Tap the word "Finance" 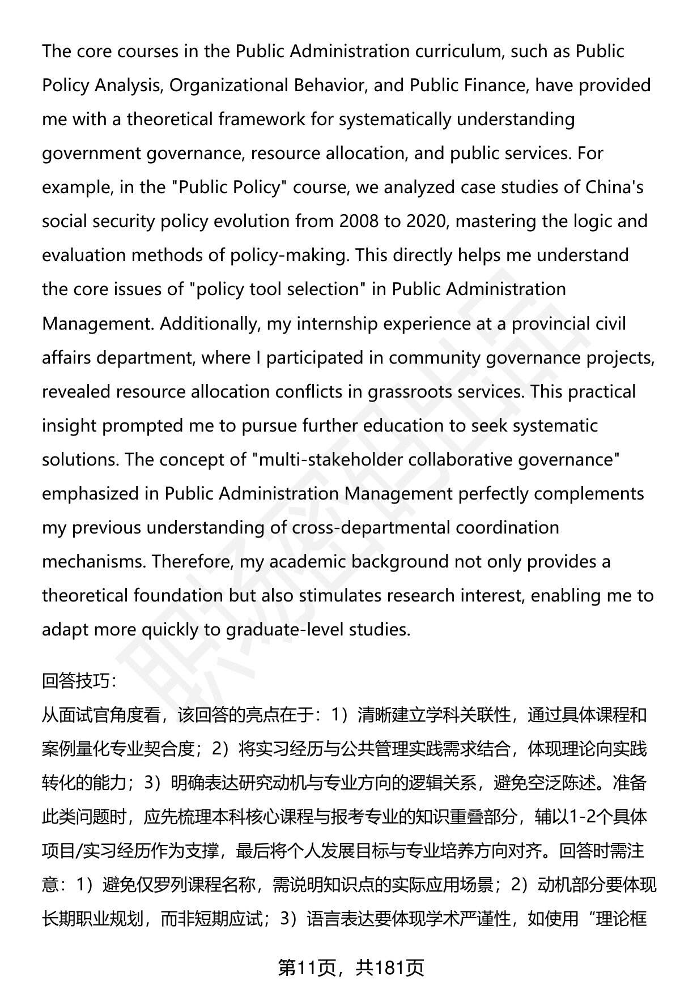point(491,86)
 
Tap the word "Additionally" point(210,324)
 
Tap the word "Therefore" point(192,562)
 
